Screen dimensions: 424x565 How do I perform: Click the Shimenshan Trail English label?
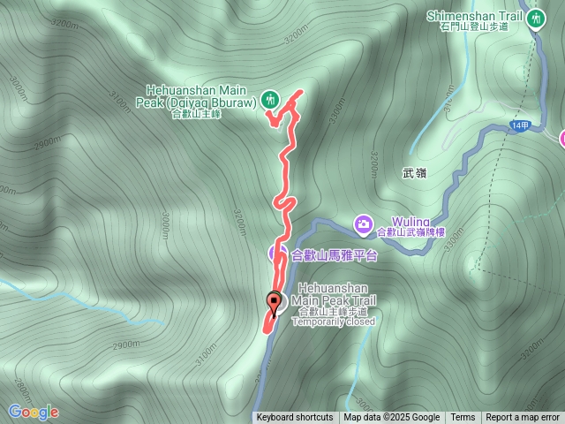coord(475,15)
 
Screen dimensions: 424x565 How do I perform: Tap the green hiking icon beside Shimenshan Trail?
coord(536,19)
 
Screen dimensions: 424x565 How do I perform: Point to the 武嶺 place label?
coord(414,174)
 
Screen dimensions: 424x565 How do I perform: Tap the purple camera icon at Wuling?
coord(363,225)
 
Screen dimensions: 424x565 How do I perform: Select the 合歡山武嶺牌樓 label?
coord(411,232)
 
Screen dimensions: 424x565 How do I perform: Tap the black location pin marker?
coord(274,303)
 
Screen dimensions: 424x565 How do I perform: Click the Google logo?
coord(34,412)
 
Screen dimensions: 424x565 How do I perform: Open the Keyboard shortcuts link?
coord(295,418)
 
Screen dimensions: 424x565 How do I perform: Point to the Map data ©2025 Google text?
coord(391,418)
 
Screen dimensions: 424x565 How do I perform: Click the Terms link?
coord(463,418)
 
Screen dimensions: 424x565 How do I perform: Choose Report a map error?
coord(523,418)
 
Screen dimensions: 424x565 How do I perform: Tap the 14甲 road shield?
coord(521,126)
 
